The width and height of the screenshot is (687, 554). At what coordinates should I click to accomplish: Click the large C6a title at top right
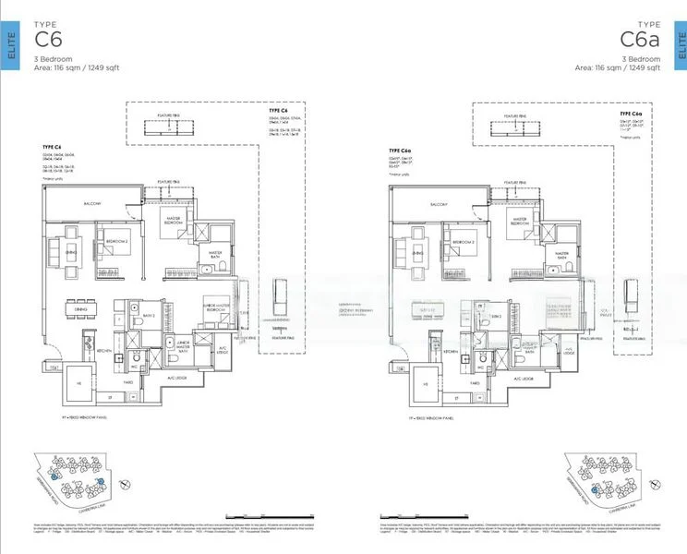tap(639, 39)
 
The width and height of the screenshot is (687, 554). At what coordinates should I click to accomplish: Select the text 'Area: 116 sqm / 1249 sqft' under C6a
tap(617, 67)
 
